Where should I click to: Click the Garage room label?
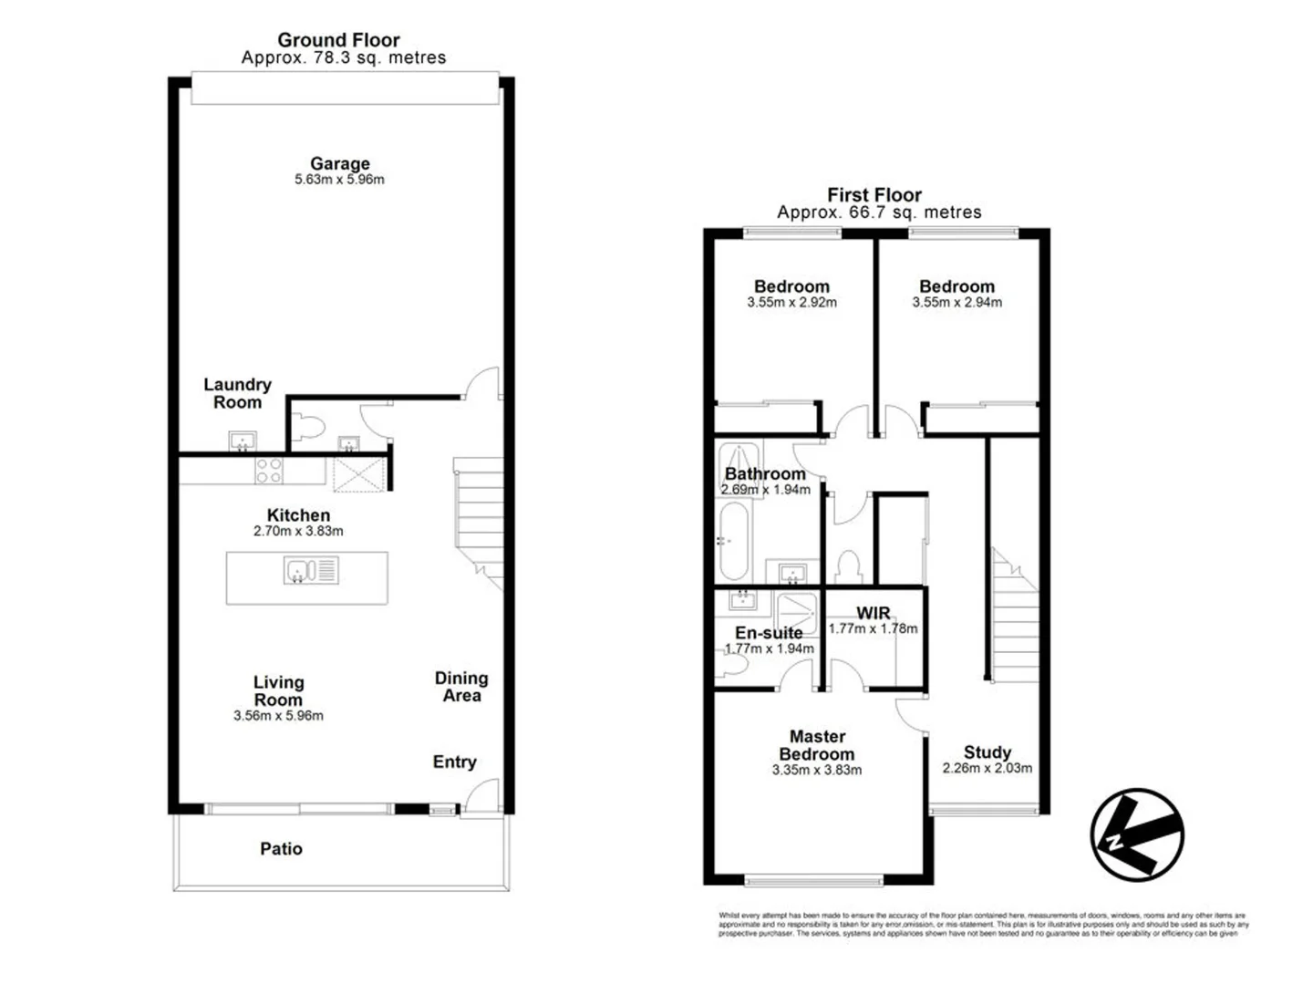pyautogui.click(x=339, y=163)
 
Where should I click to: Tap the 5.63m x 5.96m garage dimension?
pyautogui.click(x=339, y=180)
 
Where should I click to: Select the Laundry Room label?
pyautogui.click(x=237, y=393)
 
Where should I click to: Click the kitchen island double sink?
pyautogui.click(x=311, y=571)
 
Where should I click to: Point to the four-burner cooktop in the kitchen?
pyautogui.click(x=268, y=471)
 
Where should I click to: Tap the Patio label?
pyautogui.click(x=281, y=848)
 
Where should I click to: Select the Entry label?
pyautogui.click(x=454, y=762)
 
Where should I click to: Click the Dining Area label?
pyautogui.click(x=461, y=686)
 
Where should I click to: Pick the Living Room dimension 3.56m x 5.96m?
pyautogui.click(x=278, y=716)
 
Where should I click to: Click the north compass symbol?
pyautogui.click(x=1136, y=835)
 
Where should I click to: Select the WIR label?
pyautogui.click(x=873, y=613)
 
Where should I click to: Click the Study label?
pyautogui.click(x=987, y=752)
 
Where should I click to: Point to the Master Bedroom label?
pyautogui.click(x=816, y=745)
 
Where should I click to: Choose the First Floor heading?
pyautogui.click(x=874, y=194)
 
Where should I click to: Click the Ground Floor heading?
pyautogui.click(x=338, y=39)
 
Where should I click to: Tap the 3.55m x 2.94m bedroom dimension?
pyautogui.click(x=956, y=303)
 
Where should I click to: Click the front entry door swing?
pyautogui.click(x=481, y=795)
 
